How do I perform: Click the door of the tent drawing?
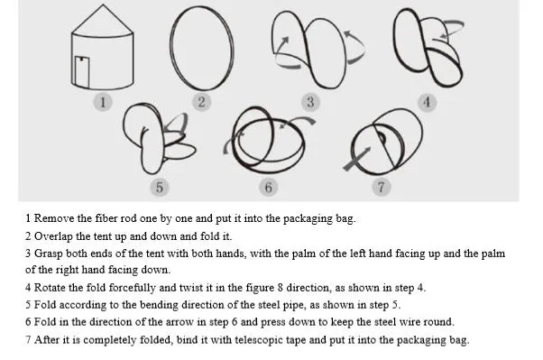click(x=82, y=71)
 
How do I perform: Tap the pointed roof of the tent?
click(x=103, y=20)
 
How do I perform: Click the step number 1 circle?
click(x=103, y=102)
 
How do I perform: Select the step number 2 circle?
click(x=201, y=102)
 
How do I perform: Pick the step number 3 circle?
click(x=310, y=102)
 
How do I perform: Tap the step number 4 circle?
click(x=427, y=102)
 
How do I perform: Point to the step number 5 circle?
click(x=160, y=188)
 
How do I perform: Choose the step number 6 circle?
click(x=269, y=188)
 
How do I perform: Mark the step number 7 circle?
click(x=382, y=187)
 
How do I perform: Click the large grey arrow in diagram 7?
click(x=356, y=159)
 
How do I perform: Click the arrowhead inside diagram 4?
click(x=443, y=35)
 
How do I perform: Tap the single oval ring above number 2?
click(x=170, y=49)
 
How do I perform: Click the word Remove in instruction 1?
click(x=54, y=218)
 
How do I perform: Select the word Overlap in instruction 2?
click(x=53, y=236)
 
